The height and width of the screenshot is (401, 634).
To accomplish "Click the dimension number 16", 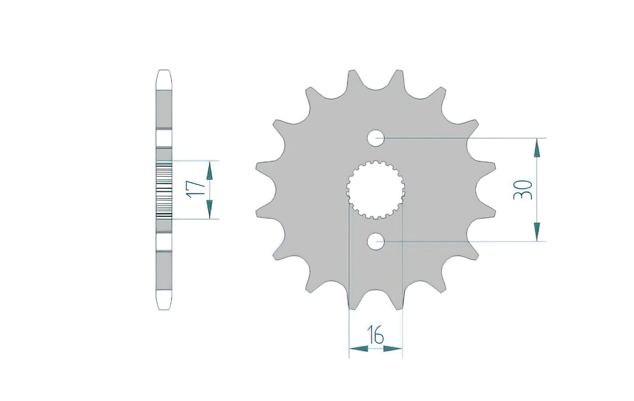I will tap(376, 338).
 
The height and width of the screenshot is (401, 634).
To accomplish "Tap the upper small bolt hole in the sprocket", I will tap(376, 138).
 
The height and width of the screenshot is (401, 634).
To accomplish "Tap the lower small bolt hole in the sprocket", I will tap(376, 241).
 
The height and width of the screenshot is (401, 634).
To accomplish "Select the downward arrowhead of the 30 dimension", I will tap(537, 232).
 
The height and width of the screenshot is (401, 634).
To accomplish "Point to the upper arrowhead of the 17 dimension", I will tap(210, 171).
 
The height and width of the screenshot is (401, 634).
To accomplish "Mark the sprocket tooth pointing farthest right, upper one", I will tap(488, 167).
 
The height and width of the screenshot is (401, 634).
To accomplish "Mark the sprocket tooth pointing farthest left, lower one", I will tap(263, 213).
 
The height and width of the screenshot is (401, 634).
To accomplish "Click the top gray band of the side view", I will tap(164, 109).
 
